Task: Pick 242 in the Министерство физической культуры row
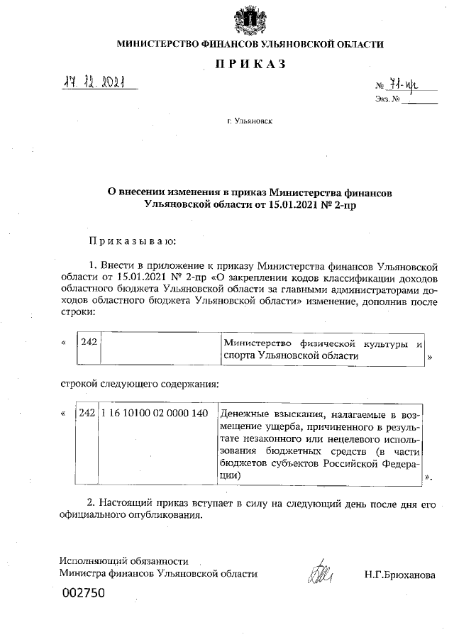(x=88, y=343)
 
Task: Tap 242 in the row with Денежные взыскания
(x=87, y=413)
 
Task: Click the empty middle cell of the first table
(x=159, y=350)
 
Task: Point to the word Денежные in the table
(x=245, y=414)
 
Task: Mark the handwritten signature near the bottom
(x=319, y=575)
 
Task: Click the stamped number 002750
(x=84, y=592)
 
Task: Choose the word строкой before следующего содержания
(x=77, y=384)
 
